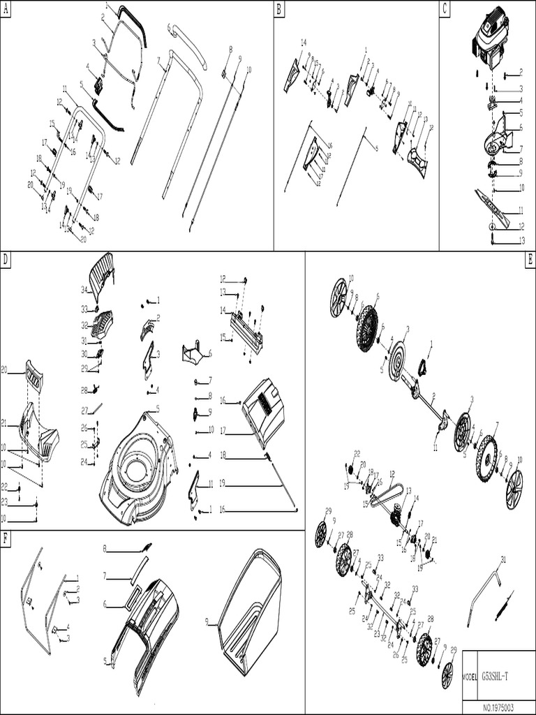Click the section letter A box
tap(6, 9)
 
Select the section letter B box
tap(279, 9)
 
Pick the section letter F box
tap(6, 538)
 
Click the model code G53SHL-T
tap(499, 677)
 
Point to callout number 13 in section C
tap(521, 240)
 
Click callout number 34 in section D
tap(84, 289)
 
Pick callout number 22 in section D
tap(4, 486)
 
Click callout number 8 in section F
tap(105, 548)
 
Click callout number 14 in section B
tap(304, 43)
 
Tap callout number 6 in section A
tap(169, 27)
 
